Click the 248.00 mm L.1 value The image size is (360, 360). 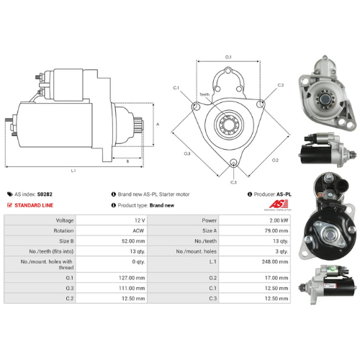[x=275, y=263]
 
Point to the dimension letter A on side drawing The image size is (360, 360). [x=157, y=124]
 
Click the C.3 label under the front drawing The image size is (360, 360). [x=233, y=183]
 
